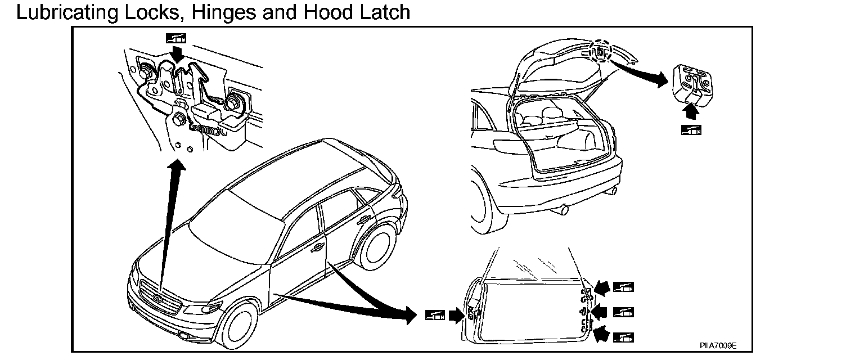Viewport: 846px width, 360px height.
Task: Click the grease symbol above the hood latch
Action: click(x=176, y=38)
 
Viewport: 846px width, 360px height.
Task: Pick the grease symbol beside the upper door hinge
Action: click(x=624, y=287)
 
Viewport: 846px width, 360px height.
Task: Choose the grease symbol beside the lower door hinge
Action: click(x=624, y=337)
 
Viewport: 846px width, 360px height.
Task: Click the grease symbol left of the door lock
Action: click(x=435, y=315)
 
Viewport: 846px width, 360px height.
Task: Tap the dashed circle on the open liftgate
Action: click(x=600, y=52)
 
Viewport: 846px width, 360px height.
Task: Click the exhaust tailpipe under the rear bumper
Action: click(x=565, y=210)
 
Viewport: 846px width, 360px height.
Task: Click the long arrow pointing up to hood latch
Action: click(x=169, y=225)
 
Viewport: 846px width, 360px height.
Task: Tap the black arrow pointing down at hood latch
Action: click(x=178, y=55)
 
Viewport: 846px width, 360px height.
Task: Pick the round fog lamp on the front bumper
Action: click(x=185, y=336)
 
